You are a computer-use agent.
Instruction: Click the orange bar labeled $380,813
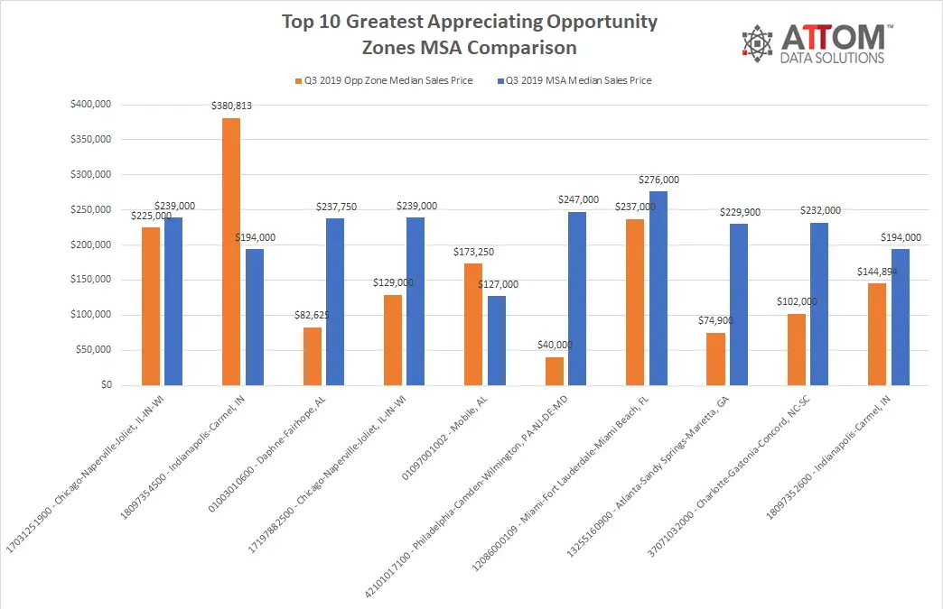tap(231, 252)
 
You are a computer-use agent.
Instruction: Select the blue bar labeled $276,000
tap(658, 289)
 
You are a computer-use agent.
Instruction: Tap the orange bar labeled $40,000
tap(555, 371)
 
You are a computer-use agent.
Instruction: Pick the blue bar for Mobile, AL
tap(497, 340)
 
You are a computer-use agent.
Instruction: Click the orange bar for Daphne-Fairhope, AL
tap(313, 356)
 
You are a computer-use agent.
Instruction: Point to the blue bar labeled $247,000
tap(577, 299)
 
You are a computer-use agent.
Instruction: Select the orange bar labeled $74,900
tap(715, 359)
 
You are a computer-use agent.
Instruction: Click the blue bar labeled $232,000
tap(819, 304)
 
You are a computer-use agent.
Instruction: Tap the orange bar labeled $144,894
tap(877, 334)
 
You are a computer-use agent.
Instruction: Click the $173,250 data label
tap(474, 253)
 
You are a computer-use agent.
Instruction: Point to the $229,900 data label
tap(741, 213)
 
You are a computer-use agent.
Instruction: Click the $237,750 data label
tap(336, 208)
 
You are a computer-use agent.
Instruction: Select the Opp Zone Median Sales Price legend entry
tap(384, 80)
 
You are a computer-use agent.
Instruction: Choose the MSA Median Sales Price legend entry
tap(574, 80)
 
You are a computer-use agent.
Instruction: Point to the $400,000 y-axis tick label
tap(91, 105)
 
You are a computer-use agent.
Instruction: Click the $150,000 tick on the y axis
tap(91, 280)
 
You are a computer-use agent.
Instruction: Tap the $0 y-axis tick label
tap(107, 384)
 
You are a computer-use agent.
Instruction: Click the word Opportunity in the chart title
tap(602, 23)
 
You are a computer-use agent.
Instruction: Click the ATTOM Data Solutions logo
tap(817, 43)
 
